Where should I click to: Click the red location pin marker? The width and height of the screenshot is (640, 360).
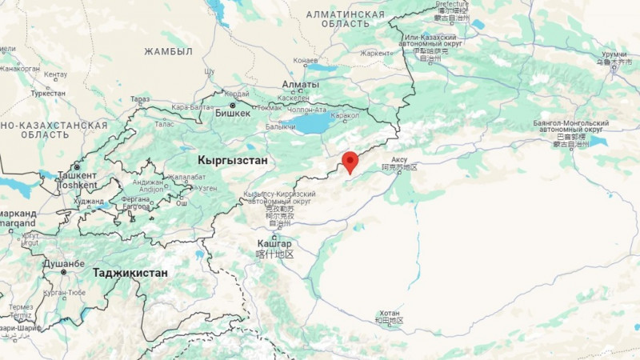(350, 161)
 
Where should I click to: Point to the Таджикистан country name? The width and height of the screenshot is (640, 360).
(130, 273)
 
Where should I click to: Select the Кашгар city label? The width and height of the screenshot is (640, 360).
(274, 243)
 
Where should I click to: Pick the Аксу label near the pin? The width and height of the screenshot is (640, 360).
(399, 159)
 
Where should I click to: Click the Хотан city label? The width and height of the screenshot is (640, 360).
(390, 313)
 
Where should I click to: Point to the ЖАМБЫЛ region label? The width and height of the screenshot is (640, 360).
(168, 51)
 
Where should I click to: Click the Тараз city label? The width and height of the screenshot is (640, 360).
(140, 99)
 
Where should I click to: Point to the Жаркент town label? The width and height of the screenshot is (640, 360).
(376, 53)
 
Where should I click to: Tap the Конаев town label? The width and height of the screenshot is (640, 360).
(306, 60)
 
